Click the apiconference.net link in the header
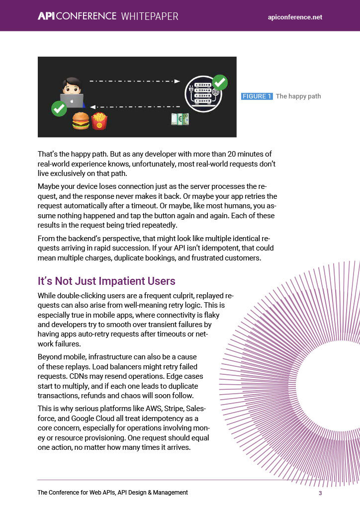295,17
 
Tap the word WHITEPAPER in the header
149,16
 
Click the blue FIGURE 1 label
257,96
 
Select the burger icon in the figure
81,121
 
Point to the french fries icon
99,120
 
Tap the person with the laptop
72,92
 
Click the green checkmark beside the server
219,82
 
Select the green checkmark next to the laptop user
59,108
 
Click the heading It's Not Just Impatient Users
106,281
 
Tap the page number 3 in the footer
321,493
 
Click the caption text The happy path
298,96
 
